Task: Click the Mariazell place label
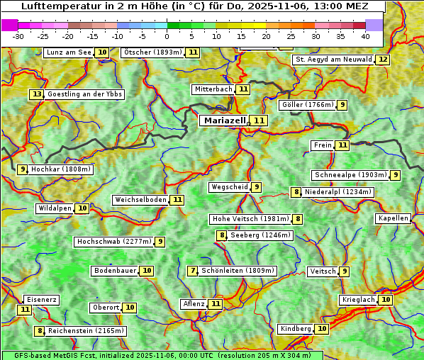[223, 120]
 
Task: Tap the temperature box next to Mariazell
[260, 121]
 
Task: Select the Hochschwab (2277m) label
[113, 242]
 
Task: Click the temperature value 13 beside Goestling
[36, 94]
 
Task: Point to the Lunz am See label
[69, 52]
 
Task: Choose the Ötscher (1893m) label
[152, 52]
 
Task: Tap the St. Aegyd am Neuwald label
[333, 60]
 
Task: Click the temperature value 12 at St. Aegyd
[383, 60]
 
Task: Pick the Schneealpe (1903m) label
[350, 175]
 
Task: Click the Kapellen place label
[393, 218]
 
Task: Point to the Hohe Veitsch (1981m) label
[251, 219]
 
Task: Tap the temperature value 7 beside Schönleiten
[193, 271]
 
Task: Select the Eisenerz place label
[40, 300]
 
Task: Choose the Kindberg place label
[296, 329]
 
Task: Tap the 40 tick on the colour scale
[365, 36]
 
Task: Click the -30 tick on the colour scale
[18, 36]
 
